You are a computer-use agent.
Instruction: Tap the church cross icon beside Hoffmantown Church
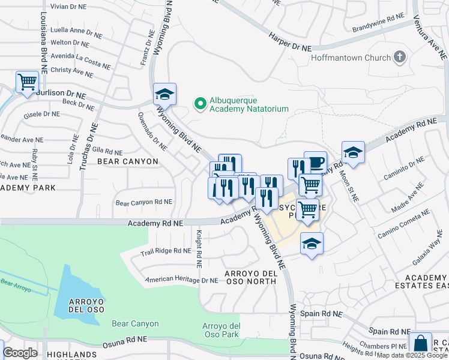[x=400, y=58]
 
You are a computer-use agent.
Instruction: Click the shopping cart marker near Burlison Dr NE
[x=27, y=82]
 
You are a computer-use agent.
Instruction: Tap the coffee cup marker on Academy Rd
[x=316, y=162]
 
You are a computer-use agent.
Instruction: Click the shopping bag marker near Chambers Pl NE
[x=420, y=344]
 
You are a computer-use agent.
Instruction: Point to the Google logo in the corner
[x=20, y=353]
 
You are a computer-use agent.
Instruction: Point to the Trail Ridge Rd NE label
[x=165, y=251]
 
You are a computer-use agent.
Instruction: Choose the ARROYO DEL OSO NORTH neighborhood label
[x=251, y=278]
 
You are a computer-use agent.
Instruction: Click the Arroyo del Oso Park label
[x=221, y=329]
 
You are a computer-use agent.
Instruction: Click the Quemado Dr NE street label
[x=152, y=131]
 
